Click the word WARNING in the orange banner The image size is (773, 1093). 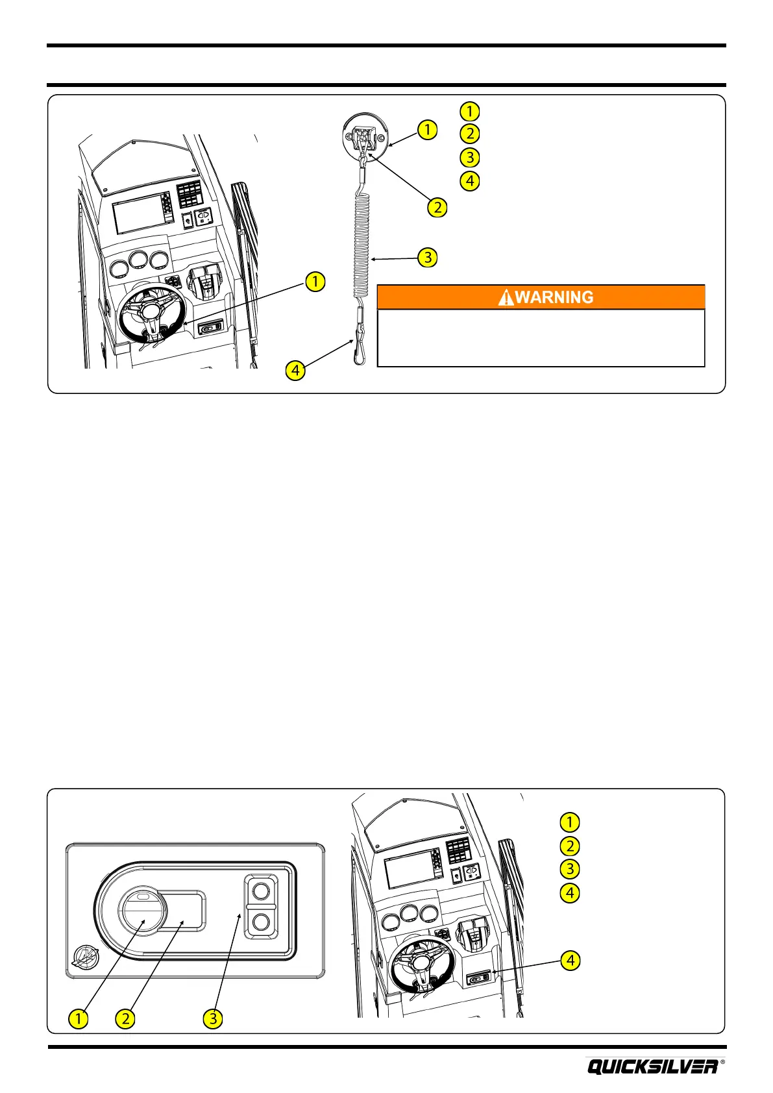(x=554, y=297)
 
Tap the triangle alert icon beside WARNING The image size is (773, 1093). (x=506, y=297)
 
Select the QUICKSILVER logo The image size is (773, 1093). (x=653, y=1066)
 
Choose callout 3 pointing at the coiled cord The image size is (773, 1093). (x=428, y=258)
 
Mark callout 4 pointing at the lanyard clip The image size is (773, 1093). (x=295, y=371)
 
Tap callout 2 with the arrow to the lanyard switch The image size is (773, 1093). (x=437, y=208)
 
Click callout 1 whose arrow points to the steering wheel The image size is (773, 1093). (x=315, y=282)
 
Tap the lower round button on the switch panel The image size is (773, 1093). (x=261, y=922)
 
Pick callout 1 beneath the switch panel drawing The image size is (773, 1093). (x=79, y=1018)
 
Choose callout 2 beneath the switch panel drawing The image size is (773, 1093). (x=125, y=1018)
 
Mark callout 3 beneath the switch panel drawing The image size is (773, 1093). (x=213, y=1018)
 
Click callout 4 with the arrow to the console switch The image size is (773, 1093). (x=570, y=960)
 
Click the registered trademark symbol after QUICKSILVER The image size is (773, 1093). (x=723, y=1062)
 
